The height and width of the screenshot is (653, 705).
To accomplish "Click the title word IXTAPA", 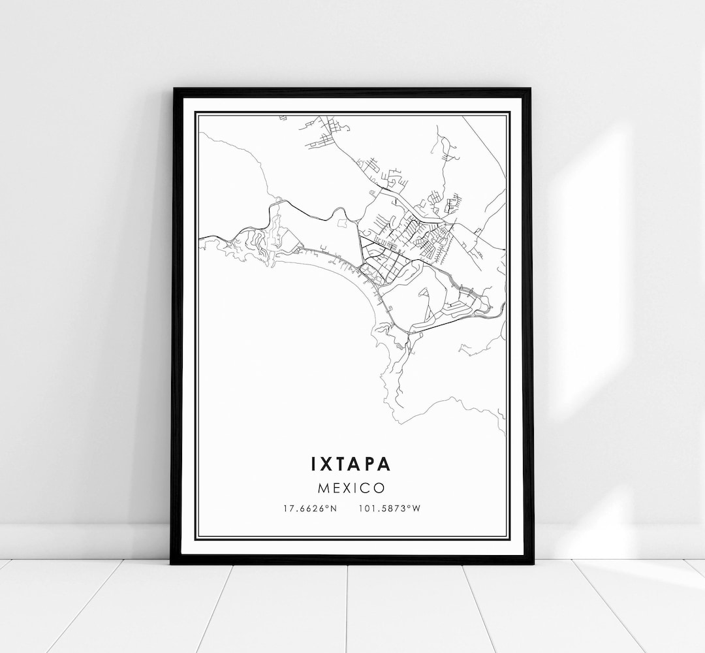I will (x=351, y=464).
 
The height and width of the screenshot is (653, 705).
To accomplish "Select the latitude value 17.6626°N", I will (x=311, y=509).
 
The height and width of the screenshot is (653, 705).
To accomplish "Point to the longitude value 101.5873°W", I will (x=390, y=509).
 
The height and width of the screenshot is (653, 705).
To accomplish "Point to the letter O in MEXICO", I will (x=379, y=488).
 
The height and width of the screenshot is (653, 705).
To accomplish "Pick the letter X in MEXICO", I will (x=347, y=488).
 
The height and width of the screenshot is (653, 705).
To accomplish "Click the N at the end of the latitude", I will (x=334, y=509).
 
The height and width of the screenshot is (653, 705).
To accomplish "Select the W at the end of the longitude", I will (x=416, y=509).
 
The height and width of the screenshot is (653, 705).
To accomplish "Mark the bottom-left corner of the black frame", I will (x=172, y=562).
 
